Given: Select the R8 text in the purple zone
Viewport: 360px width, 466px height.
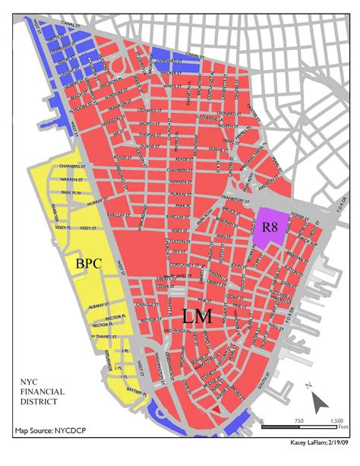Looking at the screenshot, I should pyautogui.click(x=270, y=227).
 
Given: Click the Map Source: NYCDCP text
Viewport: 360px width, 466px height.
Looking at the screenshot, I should pyautogui.click(x=46, y=431).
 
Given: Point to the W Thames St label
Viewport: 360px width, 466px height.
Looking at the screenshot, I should pyautogui.click(x=103, y=335).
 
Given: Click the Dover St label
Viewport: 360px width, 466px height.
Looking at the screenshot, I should pyautogui.click(x=302, y=217).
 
